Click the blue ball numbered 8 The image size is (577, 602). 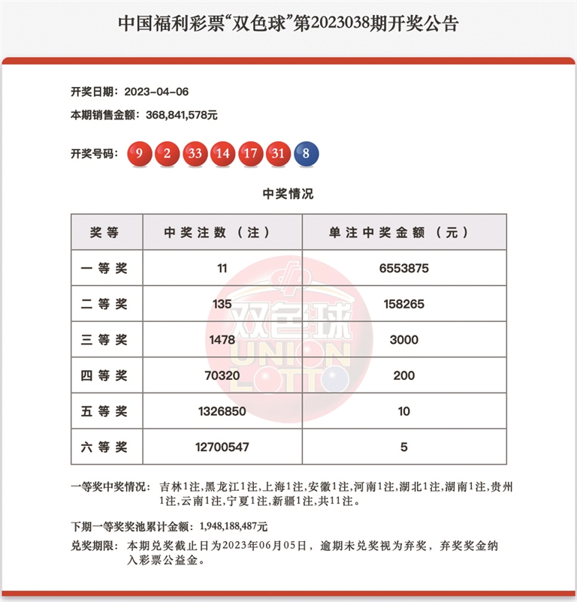[307, 154]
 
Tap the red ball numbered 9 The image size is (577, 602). [140, 154]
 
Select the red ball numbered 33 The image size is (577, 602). [195, 154]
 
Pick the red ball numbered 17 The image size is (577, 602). [251, 154]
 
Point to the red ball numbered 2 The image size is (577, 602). [168, 154]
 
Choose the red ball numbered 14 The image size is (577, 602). [223, 154]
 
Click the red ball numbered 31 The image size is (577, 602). [279, 154]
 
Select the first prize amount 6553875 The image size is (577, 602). [403, 268]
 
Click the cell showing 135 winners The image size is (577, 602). [222, 304]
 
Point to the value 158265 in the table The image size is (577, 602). [403, 304]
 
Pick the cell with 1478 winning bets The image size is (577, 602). [222, 339]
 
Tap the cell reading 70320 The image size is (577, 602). [222, 375]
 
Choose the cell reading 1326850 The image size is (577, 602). [222, 411]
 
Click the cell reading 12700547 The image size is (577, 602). [222, 447]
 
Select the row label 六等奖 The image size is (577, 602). [104, 447]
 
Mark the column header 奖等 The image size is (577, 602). [104, 233]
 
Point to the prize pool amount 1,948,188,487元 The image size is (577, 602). [234, 527]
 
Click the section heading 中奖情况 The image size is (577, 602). [288, 194]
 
